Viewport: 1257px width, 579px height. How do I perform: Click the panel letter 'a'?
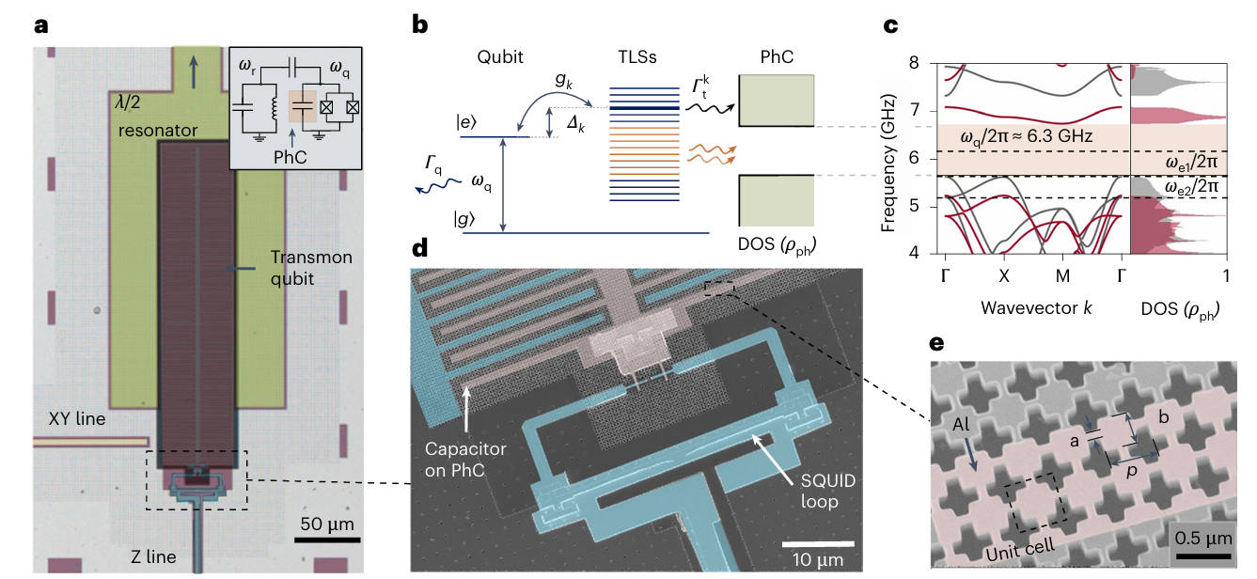point(41,25)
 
